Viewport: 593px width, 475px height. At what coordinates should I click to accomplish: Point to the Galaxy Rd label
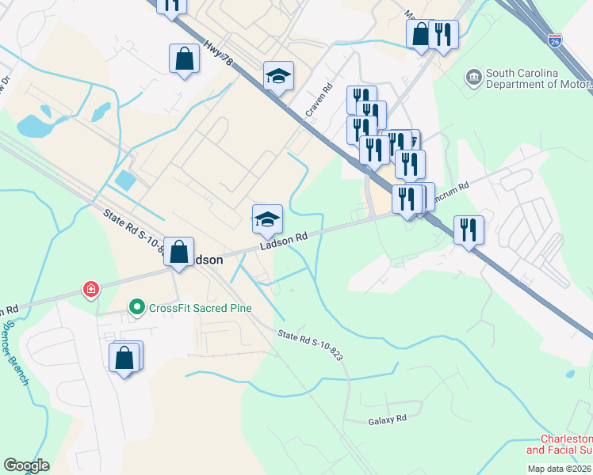pos(387,419)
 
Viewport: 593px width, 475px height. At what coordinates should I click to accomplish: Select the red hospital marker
pos(93,290)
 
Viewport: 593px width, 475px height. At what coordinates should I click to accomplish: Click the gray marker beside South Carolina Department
pos(474,76)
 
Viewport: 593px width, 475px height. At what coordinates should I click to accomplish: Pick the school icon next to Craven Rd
pos(278,77)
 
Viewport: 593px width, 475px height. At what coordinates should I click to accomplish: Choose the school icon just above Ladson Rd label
pos(267,218)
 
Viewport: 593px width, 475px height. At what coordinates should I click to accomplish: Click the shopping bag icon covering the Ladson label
pos(178,252)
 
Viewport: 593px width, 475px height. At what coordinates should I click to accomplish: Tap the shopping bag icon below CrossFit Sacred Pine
pos(125,357)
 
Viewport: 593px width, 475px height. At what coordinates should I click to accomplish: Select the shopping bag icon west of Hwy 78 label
pos(184,59)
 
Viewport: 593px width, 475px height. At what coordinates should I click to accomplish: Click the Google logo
pos(26,465)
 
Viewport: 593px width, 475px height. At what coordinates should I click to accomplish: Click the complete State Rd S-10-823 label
pos(310,345)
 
